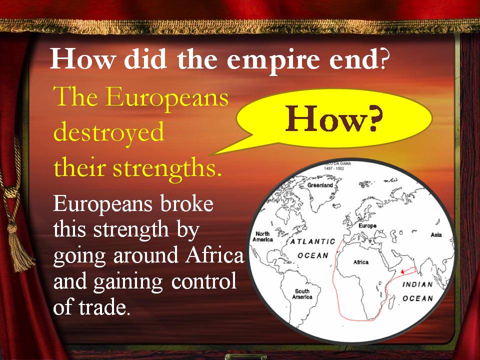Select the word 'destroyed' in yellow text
[x=109, y=132]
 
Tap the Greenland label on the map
[x=320, y=185]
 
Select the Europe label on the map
[x=367, y=225]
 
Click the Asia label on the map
[x=436, y=235]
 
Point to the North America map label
[x=262, y=236]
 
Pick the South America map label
[x=302, y=294]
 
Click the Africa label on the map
[x=361, y=262]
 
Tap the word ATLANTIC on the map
[x=312, y=241]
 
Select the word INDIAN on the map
[x=417, y=284]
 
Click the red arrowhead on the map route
[x=402, y=271]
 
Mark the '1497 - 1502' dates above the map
[x=334, y=168]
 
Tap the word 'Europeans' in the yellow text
[x=167, y=97]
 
